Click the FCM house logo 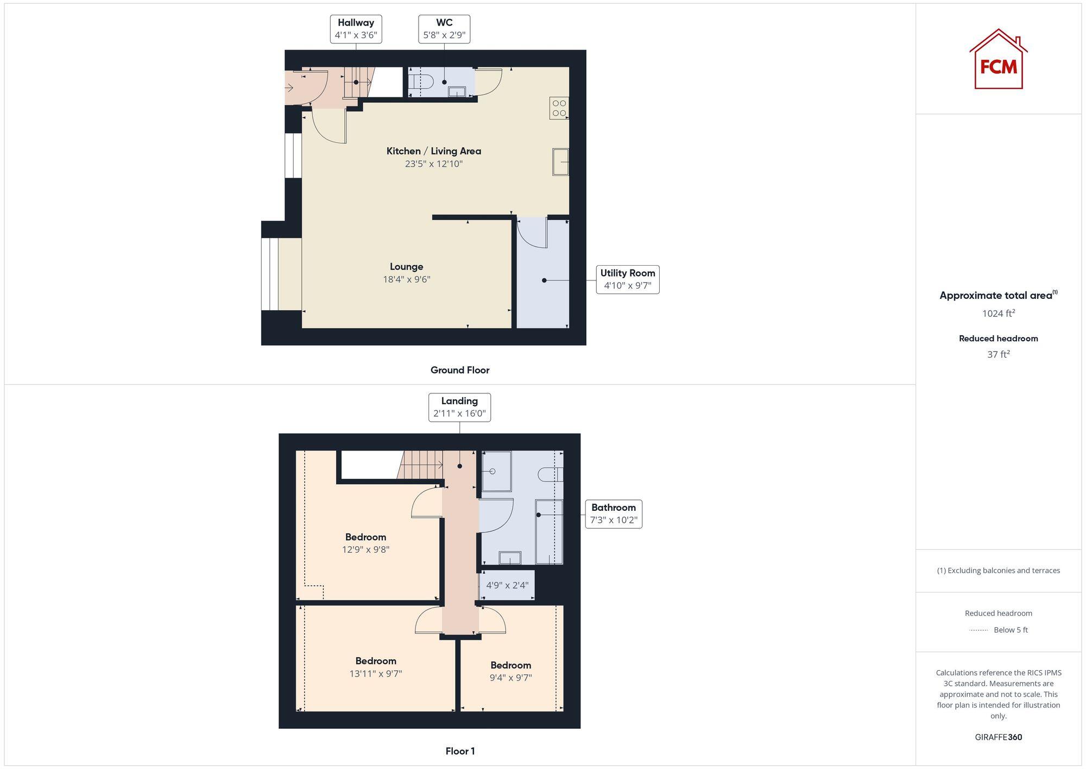998,60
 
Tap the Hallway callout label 356,29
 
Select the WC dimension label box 444,29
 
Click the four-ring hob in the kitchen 559,108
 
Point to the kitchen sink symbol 560,162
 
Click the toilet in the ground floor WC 421,82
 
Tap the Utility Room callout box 627,279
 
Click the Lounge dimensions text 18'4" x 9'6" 406,279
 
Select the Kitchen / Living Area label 433,151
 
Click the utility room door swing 532,233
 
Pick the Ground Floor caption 459,370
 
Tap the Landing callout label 459,407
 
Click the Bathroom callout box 613,514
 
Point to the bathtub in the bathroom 548,532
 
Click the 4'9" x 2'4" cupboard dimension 507,585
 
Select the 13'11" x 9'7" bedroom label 375,667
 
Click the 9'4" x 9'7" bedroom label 510,671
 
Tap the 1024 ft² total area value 998,314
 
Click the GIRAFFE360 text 998,737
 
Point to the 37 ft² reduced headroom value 998,354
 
